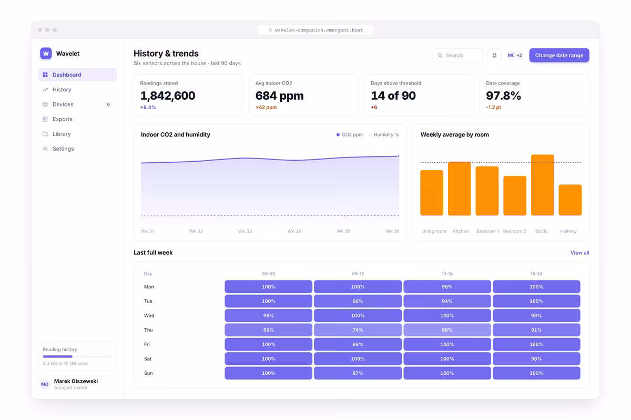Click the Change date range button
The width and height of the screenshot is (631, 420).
(x=559, y=56)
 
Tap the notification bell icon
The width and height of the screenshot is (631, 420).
(x=494, y=56)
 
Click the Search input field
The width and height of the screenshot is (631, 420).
(x=457, y=56)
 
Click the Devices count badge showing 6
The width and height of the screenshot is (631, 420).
(x=108, y=104)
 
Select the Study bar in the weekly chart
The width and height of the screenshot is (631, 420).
(x=542, y=185)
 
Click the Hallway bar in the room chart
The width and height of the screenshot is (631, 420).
(x=570, y=200)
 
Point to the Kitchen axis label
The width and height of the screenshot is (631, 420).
(x=461, y=231)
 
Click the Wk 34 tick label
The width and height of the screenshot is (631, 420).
(x=294, y=231)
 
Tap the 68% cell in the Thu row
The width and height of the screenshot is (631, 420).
(x=447, y=330)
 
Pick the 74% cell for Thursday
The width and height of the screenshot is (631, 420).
(x=358, y=330)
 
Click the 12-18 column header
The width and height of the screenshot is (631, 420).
(x=447, y=274)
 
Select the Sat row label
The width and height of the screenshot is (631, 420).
(x=148, y=359)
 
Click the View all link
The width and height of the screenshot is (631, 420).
(x=579, y=253)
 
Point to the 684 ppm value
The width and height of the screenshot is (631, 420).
(x=279, y=96)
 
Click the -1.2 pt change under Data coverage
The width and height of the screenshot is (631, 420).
(x=493, y=107)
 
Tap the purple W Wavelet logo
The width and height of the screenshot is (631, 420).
(x=46, y=54)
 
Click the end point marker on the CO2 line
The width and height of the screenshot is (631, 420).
(x=399, y=156)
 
